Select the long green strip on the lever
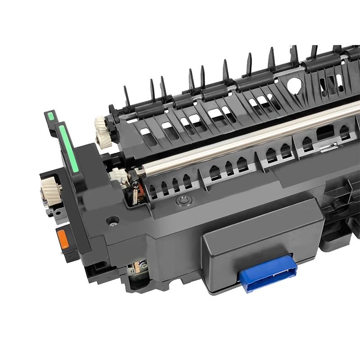click(x=69, y=149)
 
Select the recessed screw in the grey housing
click(x=113, y=220)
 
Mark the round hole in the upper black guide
click(x=295, y=84)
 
